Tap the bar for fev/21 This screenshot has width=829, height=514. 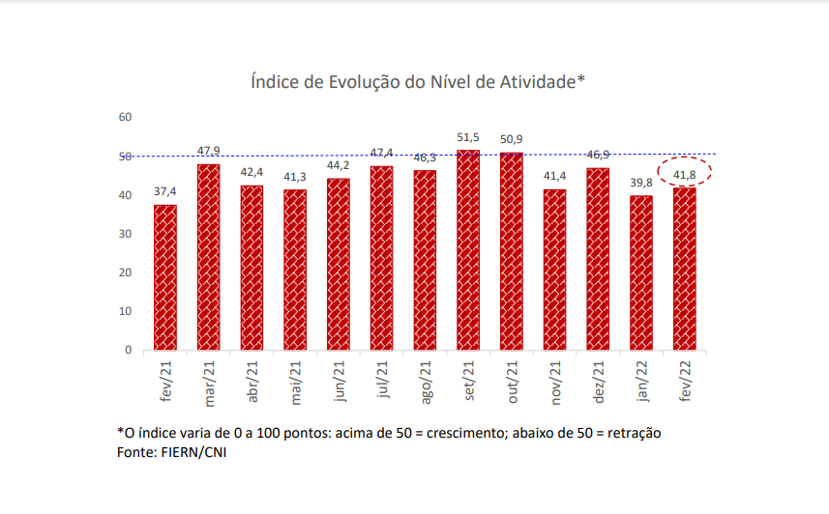[165, 277]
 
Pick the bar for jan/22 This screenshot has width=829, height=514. [641, 272]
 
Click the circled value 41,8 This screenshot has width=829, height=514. [685, 174]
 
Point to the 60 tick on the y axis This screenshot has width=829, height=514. [125, 117]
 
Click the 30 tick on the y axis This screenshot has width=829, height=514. [125, 234]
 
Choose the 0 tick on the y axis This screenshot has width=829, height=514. [128, 350]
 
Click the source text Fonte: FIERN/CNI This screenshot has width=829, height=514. [170, 451]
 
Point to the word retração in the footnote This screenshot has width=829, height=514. [633, 433]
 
